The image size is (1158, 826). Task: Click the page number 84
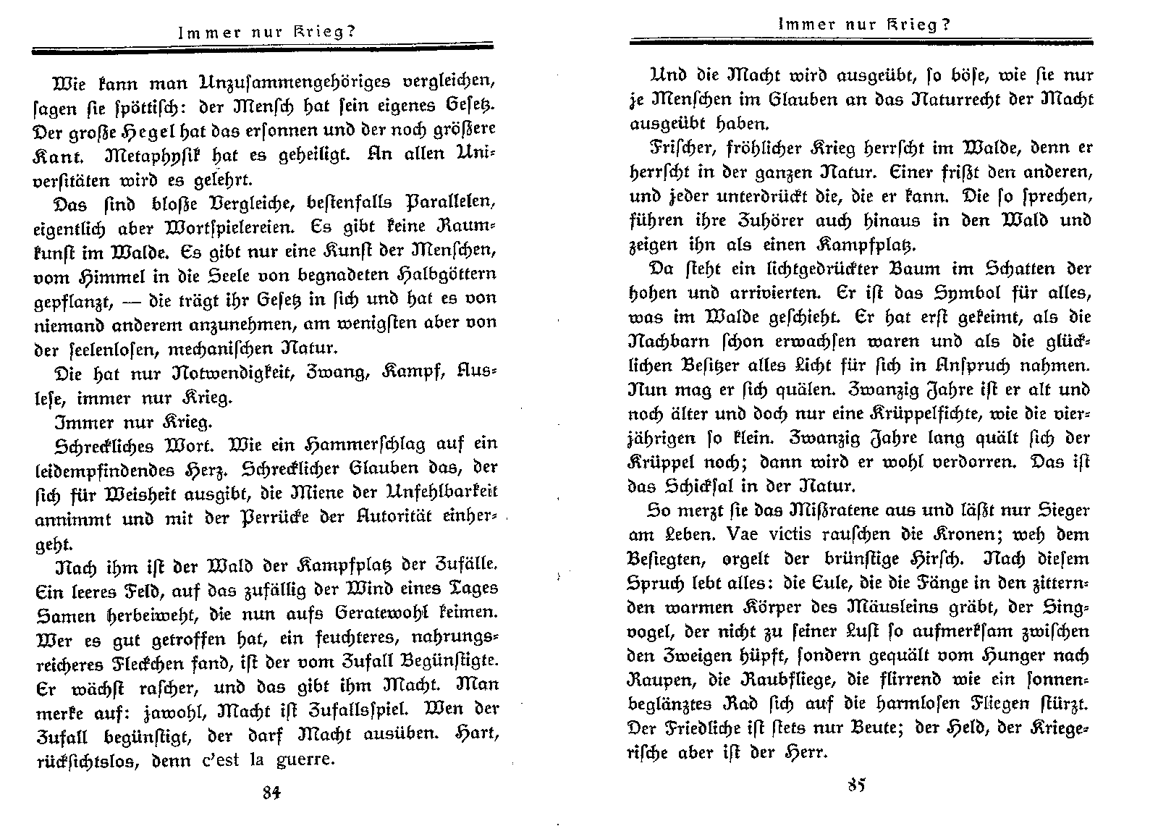271,791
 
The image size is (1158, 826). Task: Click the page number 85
856,785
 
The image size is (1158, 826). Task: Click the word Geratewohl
397,612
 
